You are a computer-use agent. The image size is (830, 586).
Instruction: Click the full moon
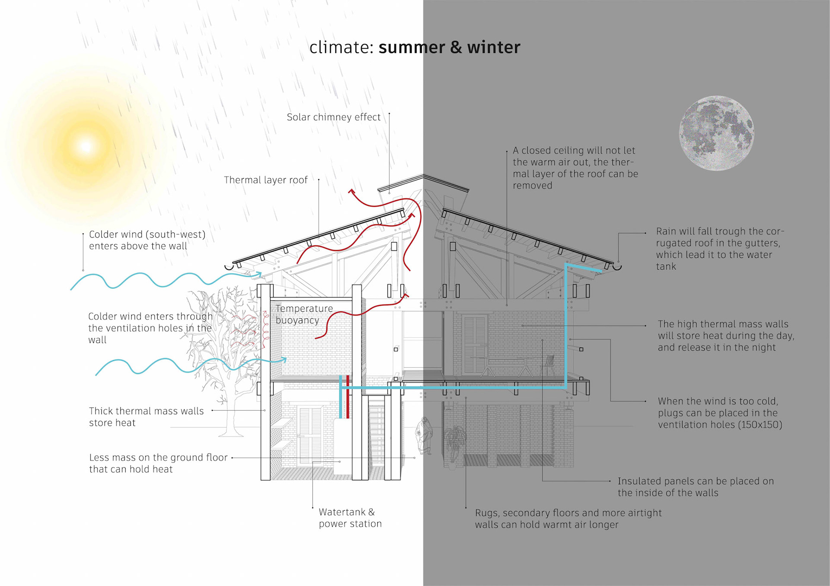pos(716,133)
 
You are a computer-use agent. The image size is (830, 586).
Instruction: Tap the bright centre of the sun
pos(86,146)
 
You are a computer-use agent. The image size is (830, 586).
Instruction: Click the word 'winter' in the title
pos(493,47)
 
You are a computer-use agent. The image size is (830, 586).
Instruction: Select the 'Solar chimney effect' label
pos(333,117)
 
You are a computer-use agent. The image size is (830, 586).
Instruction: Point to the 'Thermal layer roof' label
pos(265,180)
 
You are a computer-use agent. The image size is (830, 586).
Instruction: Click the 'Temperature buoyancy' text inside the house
pos(304,314)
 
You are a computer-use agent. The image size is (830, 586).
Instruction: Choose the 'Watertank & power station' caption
pos(350,518)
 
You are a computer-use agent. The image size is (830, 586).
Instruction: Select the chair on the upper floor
pos(548,365)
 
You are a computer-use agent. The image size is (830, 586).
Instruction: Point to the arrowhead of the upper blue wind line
pos(259,274)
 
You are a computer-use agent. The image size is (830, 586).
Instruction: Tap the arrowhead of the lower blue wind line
pos(284,359)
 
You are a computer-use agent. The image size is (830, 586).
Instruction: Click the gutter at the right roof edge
pos(617,267)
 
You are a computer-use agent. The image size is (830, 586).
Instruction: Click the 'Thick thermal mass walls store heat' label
pos(146,417)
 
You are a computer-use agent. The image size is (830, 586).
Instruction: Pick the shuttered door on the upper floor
pos(474,344)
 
